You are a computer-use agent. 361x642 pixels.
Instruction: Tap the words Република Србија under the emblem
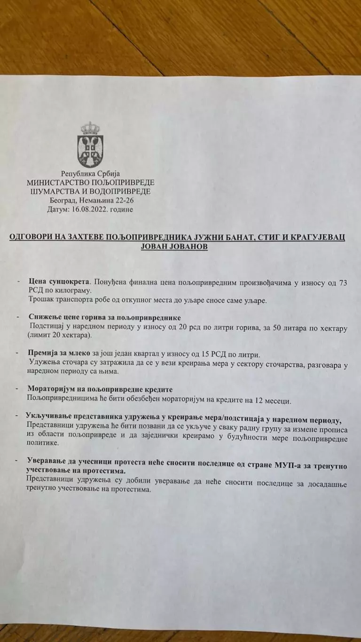90,174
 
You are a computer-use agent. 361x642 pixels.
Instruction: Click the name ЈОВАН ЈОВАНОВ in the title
178,247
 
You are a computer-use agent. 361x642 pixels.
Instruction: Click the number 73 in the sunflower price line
343,282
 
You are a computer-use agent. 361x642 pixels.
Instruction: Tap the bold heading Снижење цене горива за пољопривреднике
104,317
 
